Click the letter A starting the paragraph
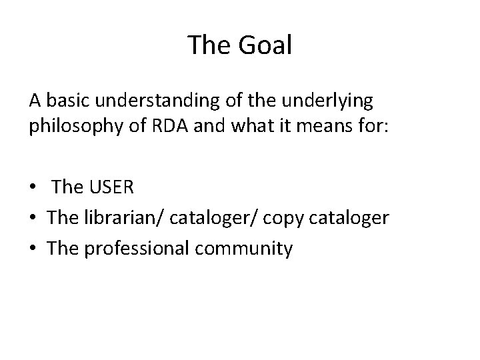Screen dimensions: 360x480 (35, 101)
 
